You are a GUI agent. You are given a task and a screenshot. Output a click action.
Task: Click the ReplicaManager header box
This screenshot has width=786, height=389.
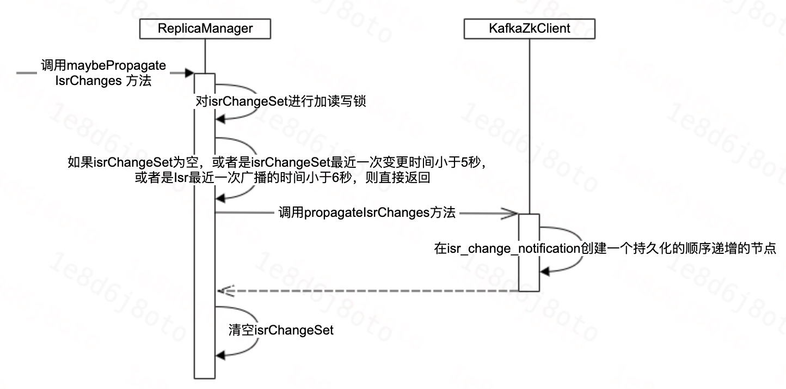tap(205, 29)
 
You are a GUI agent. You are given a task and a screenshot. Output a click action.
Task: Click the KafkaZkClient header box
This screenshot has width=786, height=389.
tap(529, 29)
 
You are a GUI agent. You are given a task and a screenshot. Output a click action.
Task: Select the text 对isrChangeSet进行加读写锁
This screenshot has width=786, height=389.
tap(277, 101)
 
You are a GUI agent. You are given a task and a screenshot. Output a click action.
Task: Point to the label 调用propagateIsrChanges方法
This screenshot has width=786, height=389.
tap(367, 213)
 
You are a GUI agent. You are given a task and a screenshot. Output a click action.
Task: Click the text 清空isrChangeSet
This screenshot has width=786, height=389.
tap(281, 330)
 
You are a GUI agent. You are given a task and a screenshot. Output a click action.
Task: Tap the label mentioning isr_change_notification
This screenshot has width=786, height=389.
tap(609, 249)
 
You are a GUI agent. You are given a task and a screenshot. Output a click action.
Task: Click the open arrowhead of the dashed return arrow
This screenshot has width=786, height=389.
tap(223, 291)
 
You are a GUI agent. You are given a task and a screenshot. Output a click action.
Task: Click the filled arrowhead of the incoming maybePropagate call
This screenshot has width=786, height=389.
tap(190, 72)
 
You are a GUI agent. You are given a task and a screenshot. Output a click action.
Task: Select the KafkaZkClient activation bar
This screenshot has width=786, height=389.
tap(529, 252)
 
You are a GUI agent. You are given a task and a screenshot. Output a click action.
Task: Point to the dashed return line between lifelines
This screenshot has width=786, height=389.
tap(370, 291)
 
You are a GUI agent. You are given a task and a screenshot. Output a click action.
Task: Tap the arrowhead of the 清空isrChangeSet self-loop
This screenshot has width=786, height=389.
tap(220, 355)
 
